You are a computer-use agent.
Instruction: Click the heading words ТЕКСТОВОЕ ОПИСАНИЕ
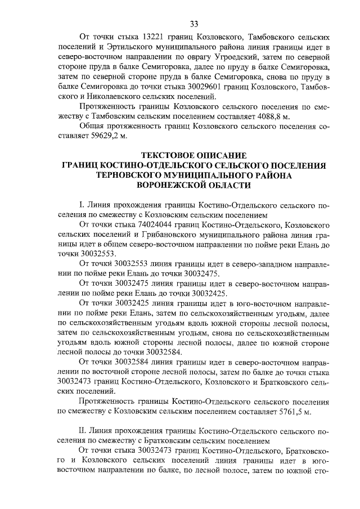tap(194, 155)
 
